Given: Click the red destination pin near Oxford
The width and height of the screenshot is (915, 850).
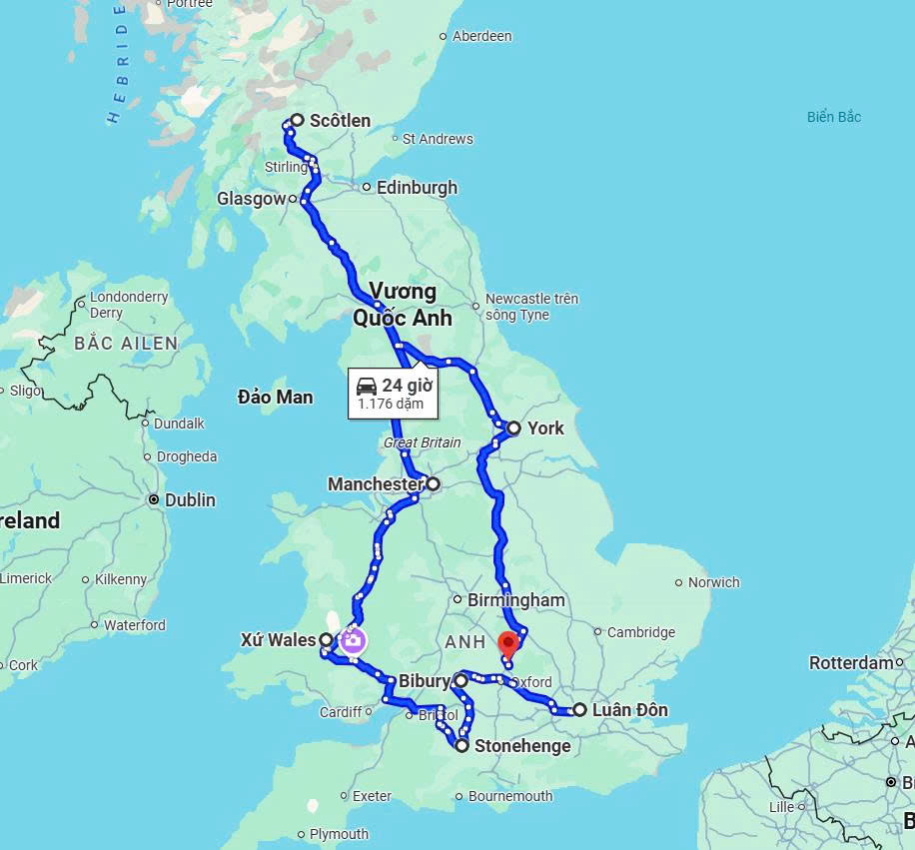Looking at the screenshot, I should click(x=508, y=643).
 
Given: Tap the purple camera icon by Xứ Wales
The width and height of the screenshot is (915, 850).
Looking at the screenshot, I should click(x=353, y=640).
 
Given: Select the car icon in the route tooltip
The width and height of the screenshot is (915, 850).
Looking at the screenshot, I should click(x=367, y=386).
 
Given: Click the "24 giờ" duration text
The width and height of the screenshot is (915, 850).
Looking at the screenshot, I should click(x=407, y=386).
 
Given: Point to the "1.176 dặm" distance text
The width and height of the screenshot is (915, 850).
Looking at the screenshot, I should click(x=391, y=405).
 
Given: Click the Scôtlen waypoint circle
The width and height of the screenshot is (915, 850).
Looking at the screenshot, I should click(x=297, y=121).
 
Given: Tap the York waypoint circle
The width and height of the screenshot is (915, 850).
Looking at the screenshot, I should click(x=513, y=428).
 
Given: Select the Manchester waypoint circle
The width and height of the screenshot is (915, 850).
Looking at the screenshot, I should click(x=433, y=484).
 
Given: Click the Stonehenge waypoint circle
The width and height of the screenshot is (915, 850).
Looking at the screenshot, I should click(x=462, y=745).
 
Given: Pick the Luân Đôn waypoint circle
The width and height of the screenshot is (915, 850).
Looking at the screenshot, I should click(x=579, y=710).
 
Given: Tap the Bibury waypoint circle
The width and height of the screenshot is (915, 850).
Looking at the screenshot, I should click(x=459, y=681).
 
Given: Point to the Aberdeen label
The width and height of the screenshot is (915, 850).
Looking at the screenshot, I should click(x=481, y=36).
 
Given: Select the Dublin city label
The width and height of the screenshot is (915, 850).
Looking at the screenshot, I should click(x=190, y=499).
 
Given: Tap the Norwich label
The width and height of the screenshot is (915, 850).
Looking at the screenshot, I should click(x=713, y=582).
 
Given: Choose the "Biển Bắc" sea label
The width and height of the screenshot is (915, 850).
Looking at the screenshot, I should click(x=834, y=117).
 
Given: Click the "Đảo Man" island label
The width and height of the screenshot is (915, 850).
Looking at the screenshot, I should click(x=275, y=397).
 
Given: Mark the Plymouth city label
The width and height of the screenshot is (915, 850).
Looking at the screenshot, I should click(x=339, y=834).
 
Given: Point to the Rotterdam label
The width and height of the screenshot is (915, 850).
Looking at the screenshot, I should click(x=850, y=662).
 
